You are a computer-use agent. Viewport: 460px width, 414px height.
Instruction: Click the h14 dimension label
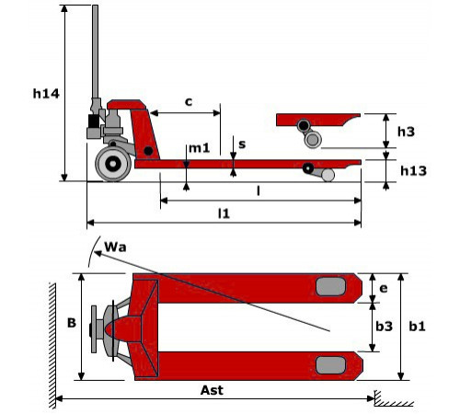[46, 94]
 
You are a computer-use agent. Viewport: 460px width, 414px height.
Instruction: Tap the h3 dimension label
[406, 132]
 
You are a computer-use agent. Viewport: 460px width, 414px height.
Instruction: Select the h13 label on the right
[413, 170]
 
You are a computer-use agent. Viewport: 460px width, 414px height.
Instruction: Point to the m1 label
[199, 148]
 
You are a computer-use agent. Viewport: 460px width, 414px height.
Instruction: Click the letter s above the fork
[242, 144]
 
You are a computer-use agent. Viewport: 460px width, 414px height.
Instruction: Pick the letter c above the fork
[189, 101]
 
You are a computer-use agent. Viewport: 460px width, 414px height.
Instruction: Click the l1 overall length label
[224, 213]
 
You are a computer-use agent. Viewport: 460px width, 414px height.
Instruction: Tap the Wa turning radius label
[115, 247]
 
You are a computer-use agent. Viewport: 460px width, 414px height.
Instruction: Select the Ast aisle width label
[212, 390]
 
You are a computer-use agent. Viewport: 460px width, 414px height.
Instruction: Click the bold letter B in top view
[72, 323]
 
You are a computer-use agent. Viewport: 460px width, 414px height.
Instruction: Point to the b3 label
[384, 327]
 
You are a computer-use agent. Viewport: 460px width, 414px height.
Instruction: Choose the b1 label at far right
[417, 327]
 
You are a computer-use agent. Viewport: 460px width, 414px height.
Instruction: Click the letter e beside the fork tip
[384, 288]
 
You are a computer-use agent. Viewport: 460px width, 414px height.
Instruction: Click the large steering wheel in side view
[113, 164]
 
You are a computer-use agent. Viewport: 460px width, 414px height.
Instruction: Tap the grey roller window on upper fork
[330, 287]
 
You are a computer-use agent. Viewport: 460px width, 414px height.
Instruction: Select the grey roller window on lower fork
[330, 365]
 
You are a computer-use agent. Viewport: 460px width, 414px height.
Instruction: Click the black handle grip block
[94, 121]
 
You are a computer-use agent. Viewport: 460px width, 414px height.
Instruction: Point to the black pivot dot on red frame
[148, 151]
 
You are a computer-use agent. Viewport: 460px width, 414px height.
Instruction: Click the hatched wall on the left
[52, 346]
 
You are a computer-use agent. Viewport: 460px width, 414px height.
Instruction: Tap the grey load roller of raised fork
[313, 140]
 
